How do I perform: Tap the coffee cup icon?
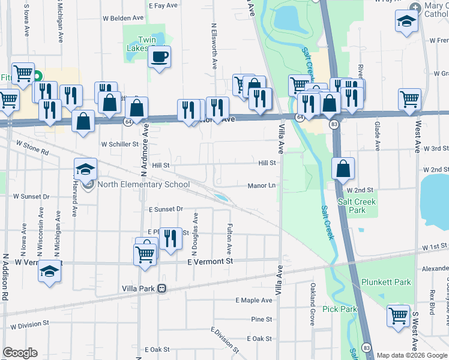[x=159, y=57]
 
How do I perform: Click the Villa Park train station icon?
[x=161, y=289]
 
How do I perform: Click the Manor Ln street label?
[x=261, y=186]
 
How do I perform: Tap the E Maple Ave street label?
[x=254, y=299]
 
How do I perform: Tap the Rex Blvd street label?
[x=432, y=304]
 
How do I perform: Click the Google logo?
[x=20, y=352]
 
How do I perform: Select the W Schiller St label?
[x=120, y=144]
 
